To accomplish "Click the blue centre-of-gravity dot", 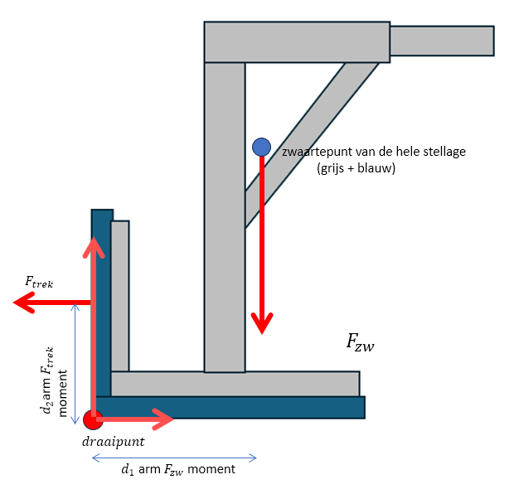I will pyautogui.click(x=262, y=147).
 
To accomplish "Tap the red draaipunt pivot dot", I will pyautogui.click(x=92, y=419).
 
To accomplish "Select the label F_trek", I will pyautogui.click(x=39, y=282).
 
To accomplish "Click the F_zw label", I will pyautogui.click(x=360, y=341).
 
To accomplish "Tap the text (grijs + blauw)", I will pyautogui.click(x=356, y=168).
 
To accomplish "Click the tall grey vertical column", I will pyautogui.click(x=225, y=216).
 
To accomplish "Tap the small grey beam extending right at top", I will pyautogui.click(x=441, y=41).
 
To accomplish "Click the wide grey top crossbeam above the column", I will pyautogui.click(x=297, y=42).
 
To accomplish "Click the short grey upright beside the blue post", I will pyautogui.click(x=120, y=294).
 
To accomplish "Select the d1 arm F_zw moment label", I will pyautogui.click(x=178, y=470).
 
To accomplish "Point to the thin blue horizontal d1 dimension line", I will pyautogui.click(x=174, y=457).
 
